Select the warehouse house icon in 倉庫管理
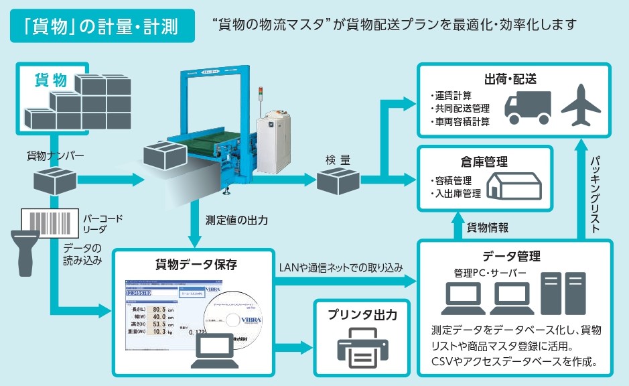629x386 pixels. point(514,183)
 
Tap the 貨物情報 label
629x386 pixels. point(488,227)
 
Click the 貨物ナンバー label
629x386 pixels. point(55,156)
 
